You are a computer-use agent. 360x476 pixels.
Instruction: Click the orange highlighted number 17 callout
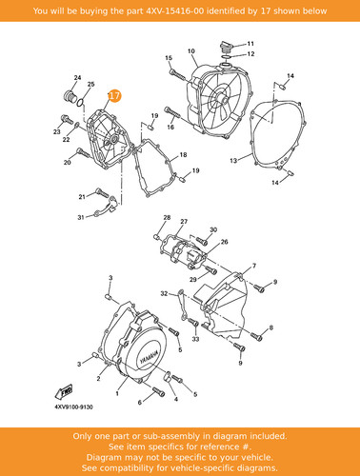(x=114, y=95)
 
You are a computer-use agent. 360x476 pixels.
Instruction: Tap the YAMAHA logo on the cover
(x=150, y=358)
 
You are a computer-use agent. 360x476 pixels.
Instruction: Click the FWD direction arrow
(x=64, y=391)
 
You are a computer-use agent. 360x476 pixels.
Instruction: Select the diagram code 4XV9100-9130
(x=74, y=407)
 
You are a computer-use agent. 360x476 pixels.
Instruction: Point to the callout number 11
(x=250, y=44)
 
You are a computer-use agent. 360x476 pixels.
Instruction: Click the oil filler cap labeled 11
(x=225, y=48)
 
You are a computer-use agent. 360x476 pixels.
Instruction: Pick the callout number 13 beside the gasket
(x=233, y=161)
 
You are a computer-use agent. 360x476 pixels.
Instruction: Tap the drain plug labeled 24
(x=69, y=96)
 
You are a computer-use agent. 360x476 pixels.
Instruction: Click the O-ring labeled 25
(x=80, y=102)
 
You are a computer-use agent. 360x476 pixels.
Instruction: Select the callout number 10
(x=191, y=50)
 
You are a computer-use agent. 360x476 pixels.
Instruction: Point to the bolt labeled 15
(x=177, y=75)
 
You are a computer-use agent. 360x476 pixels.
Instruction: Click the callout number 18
(x=183, y=155)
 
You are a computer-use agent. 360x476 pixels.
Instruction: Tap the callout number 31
(x=81, y=217)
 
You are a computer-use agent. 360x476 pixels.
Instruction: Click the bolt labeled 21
(x=102, y=192)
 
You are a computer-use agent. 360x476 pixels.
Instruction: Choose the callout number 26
(x=224, y=242)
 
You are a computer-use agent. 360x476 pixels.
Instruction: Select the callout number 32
(x=164, y=293)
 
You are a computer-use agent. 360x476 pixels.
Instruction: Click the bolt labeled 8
(x=256, y=336)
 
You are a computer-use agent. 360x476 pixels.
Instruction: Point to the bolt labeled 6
(x=158, y=391)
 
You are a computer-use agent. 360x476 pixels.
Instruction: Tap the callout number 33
(x=195, y=339)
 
